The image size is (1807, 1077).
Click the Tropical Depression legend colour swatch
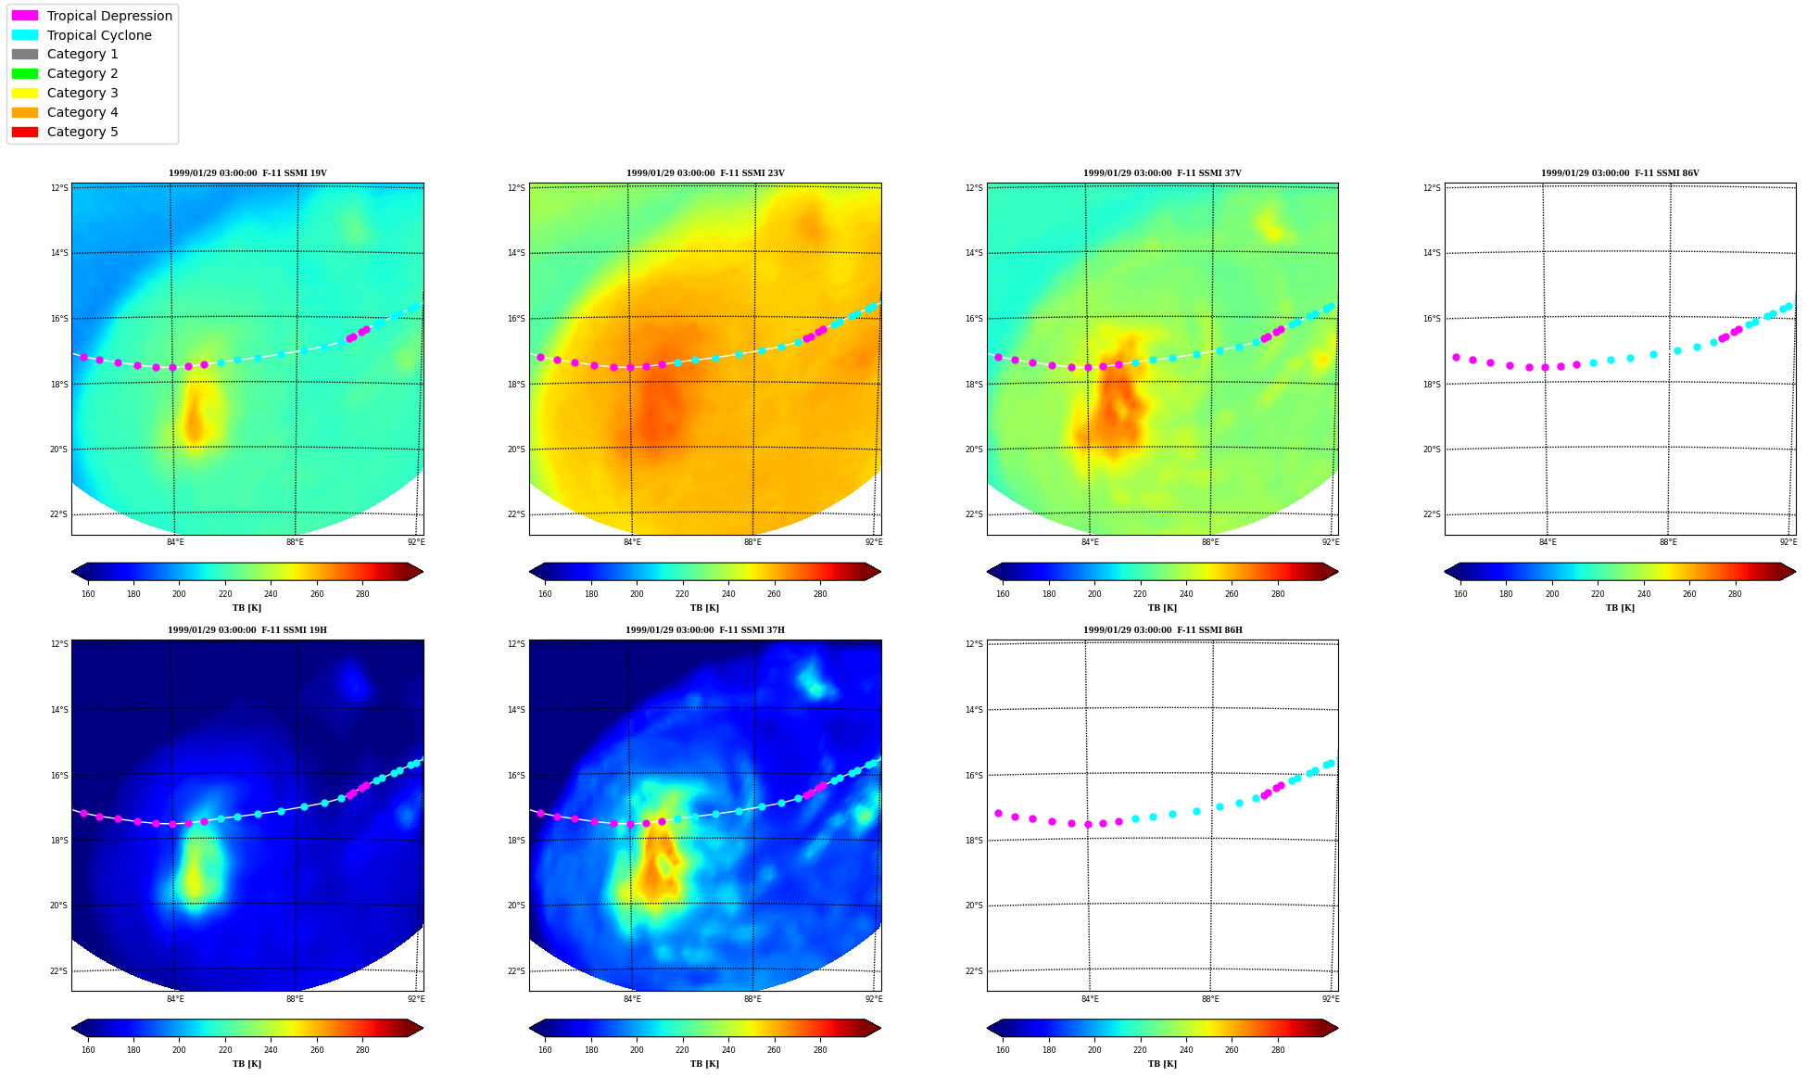point(25,16)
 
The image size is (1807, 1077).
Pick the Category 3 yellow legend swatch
point(25,93)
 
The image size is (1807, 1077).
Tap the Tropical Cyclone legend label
point(99,35)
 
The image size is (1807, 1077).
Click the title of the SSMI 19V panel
point(247,173)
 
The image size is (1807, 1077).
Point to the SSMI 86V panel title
point(1620,173)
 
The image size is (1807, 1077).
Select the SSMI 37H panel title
point(705,630)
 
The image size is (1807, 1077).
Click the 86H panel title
point(1163,630)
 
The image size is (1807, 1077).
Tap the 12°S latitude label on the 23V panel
point(516,188)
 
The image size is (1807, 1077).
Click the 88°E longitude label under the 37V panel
point(1210,542)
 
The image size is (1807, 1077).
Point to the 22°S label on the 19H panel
point(58,971)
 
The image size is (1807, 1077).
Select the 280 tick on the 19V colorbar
point(362,594)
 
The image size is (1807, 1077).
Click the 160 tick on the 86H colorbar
point(1003,1050)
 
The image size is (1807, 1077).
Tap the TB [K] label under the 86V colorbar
point(1620,608)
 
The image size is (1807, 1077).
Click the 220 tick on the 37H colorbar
point(682,1050)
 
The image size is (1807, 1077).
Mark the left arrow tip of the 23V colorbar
point(530,572)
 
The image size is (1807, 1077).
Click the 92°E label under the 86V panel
point(1788,542)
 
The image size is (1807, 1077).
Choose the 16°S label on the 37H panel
point(516,776)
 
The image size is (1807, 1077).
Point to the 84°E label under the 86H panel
point(1090,999)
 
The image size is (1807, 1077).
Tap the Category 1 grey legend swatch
point(25,54)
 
